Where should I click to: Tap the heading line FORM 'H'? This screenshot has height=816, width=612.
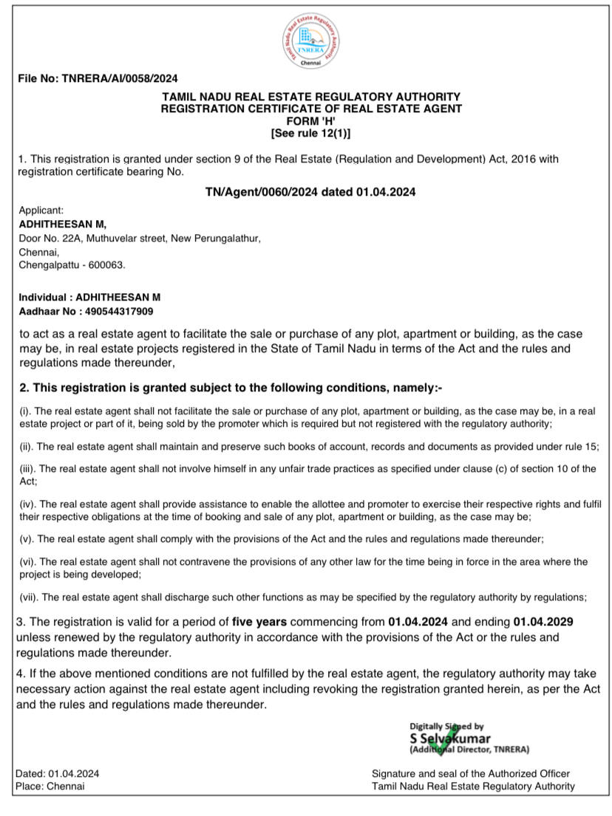(310, 121)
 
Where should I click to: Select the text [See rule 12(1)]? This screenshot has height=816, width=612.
(310, 134)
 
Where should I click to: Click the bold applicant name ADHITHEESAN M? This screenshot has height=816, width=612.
(63, 224)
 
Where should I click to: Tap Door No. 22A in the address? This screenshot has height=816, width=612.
(45, 238)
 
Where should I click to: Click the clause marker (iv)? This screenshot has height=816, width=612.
(27, 504)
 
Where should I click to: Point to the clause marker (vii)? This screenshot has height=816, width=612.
(28, 597)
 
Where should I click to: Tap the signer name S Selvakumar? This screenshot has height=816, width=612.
(449, 738)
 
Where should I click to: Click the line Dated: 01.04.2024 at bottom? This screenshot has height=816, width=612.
(57, 773)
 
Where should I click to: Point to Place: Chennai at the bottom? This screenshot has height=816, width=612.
(50, 786)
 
